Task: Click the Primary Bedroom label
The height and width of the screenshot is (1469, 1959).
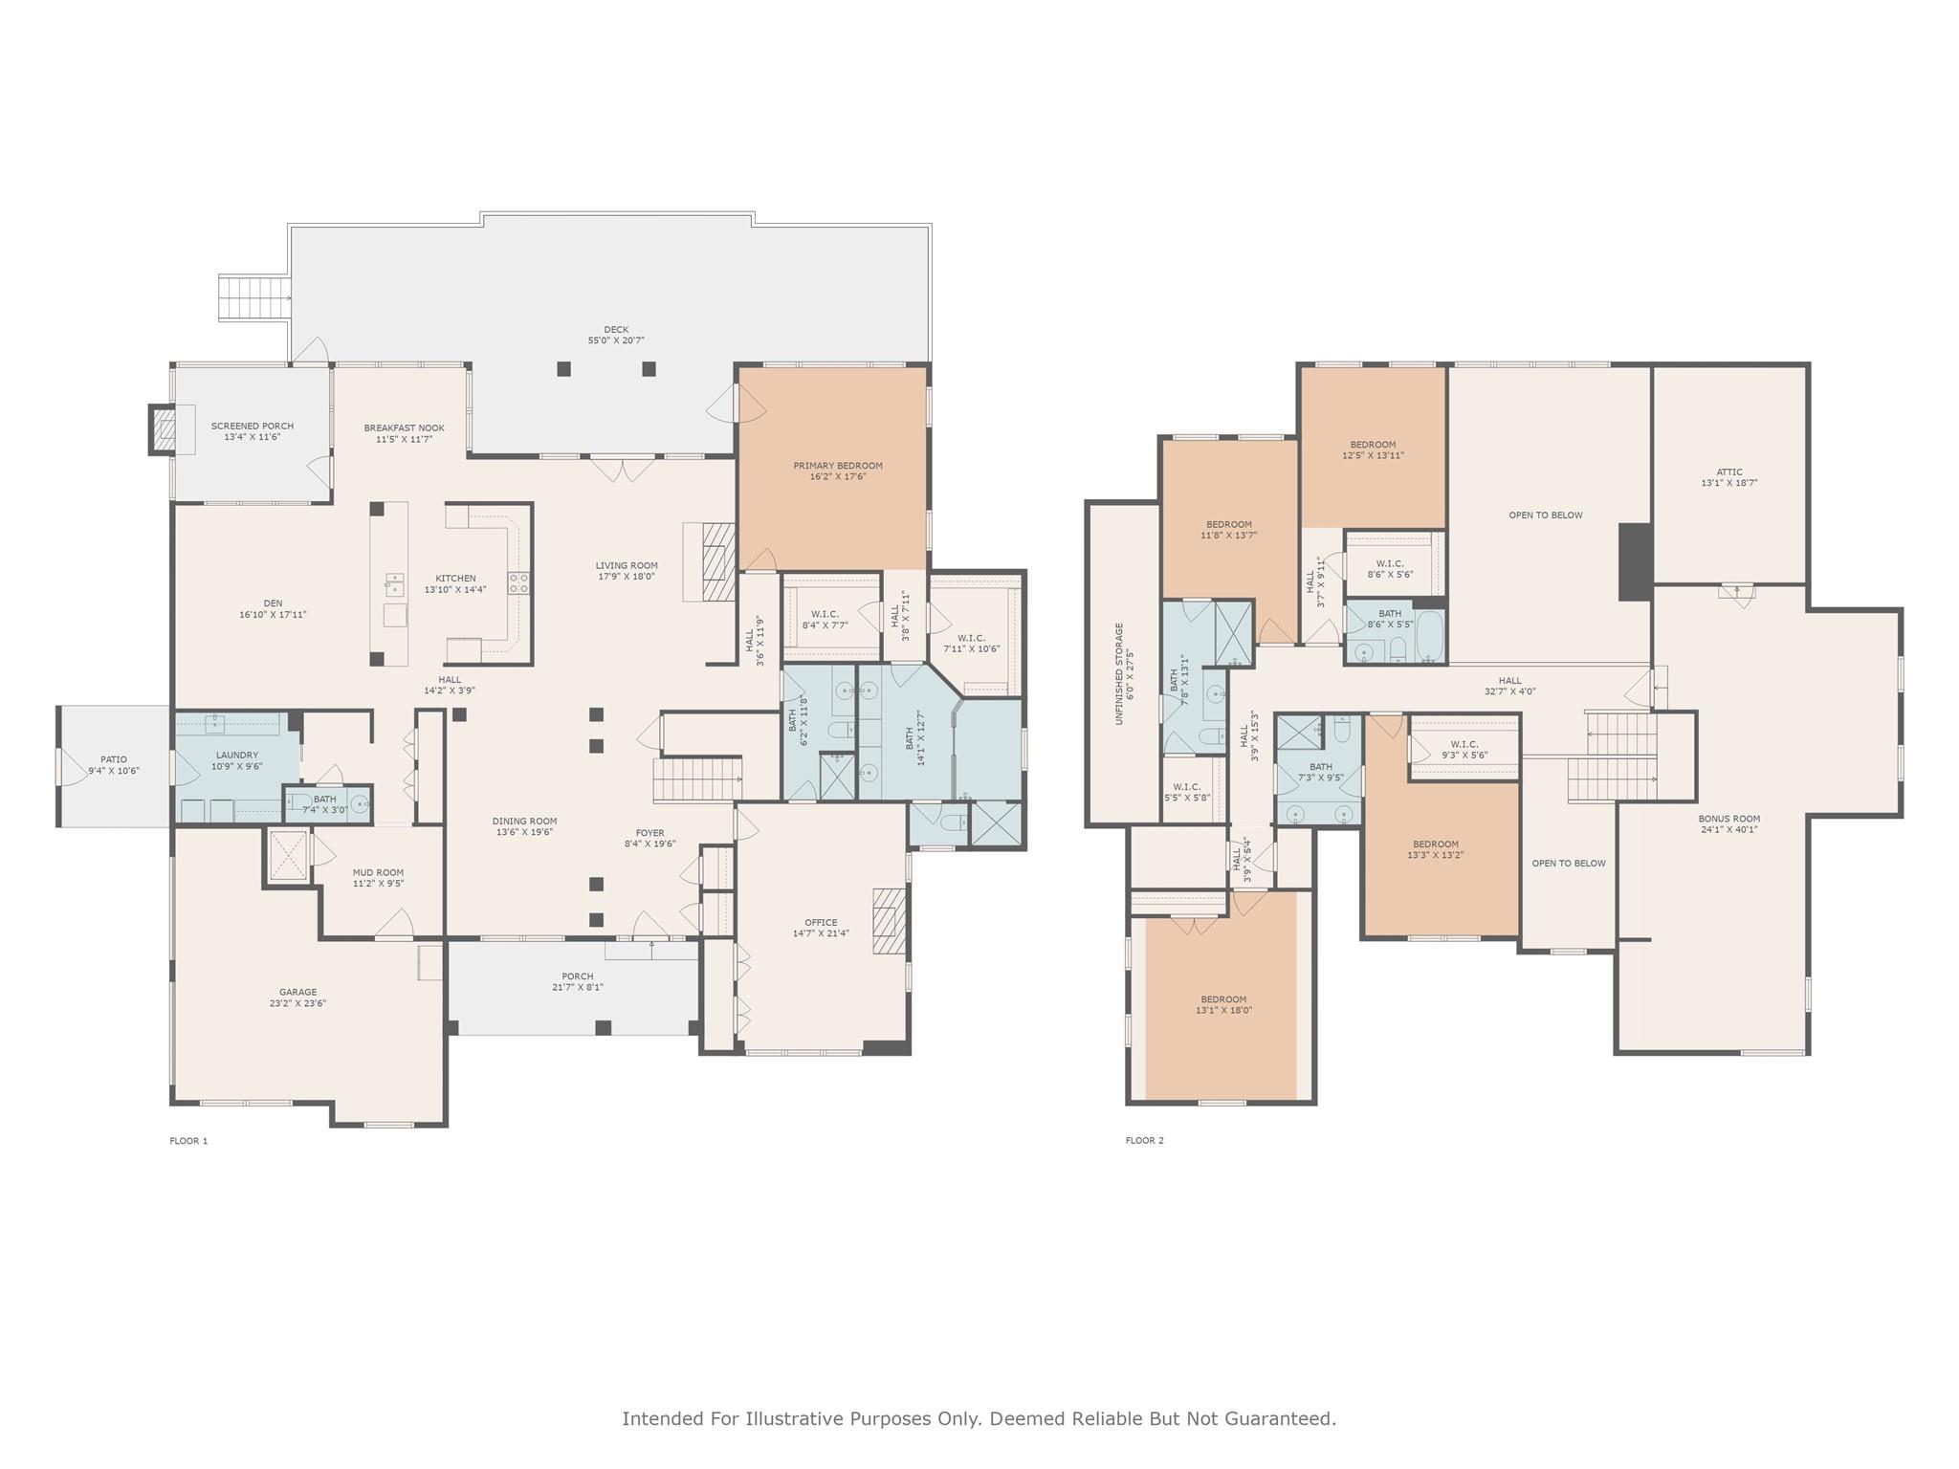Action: [837, 466]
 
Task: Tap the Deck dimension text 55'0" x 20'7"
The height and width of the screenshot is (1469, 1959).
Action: [616, 340]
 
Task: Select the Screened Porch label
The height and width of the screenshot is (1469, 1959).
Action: [253, 427]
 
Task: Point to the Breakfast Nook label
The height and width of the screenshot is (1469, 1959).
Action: [404, 428]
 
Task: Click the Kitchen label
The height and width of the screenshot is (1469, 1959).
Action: [455, 579]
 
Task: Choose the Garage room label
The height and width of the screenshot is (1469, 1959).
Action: [297, 993]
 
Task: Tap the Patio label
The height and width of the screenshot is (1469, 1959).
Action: [114, 760]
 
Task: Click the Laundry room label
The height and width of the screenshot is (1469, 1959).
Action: [236, 756]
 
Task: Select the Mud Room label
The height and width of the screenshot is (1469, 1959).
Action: [378, 872]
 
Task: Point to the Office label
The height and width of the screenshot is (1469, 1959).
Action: [821, 923]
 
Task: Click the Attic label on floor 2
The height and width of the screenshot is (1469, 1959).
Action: [1728, 472]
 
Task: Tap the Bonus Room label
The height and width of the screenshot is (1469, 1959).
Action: [1728, 819]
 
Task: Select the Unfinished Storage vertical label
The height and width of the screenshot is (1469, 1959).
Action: [1119, 673]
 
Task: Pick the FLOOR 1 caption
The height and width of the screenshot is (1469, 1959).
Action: [188, 1141]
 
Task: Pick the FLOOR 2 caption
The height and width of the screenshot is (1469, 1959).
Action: [1144, 1140]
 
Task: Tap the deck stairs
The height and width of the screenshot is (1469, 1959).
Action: [254, 296]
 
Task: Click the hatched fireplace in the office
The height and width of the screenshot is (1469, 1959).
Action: [889, 920]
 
